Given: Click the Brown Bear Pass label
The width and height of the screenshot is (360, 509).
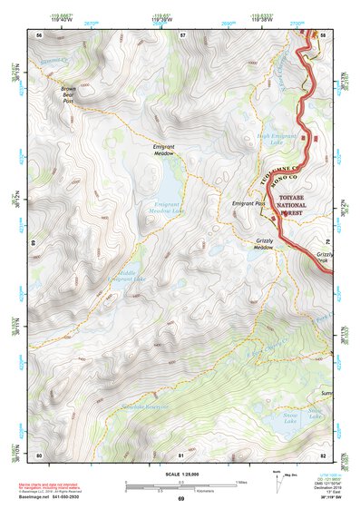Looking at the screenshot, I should [68, 93].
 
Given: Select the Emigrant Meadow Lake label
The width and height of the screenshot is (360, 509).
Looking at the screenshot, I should [164, 208].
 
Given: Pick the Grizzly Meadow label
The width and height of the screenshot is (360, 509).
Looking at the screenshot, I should [264, 243].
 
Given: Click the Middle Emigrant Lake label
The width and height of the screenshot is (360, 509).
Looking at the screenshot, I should [127, 278].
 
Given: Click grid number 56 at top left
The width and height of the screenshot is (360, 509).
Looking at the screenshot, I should [39, 34].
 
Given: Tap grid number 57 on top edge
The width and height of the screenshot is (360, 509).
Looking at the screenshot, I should [183, 34].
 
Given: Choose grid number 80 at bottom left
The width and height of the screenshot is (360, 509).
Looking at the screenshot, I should [39, 454].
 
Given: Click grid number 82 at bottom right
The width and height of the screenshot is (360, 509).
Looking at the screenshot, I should [324, 454].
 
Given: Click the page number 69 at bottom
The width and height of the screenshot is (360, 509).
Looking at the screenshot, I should [180, 499].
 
